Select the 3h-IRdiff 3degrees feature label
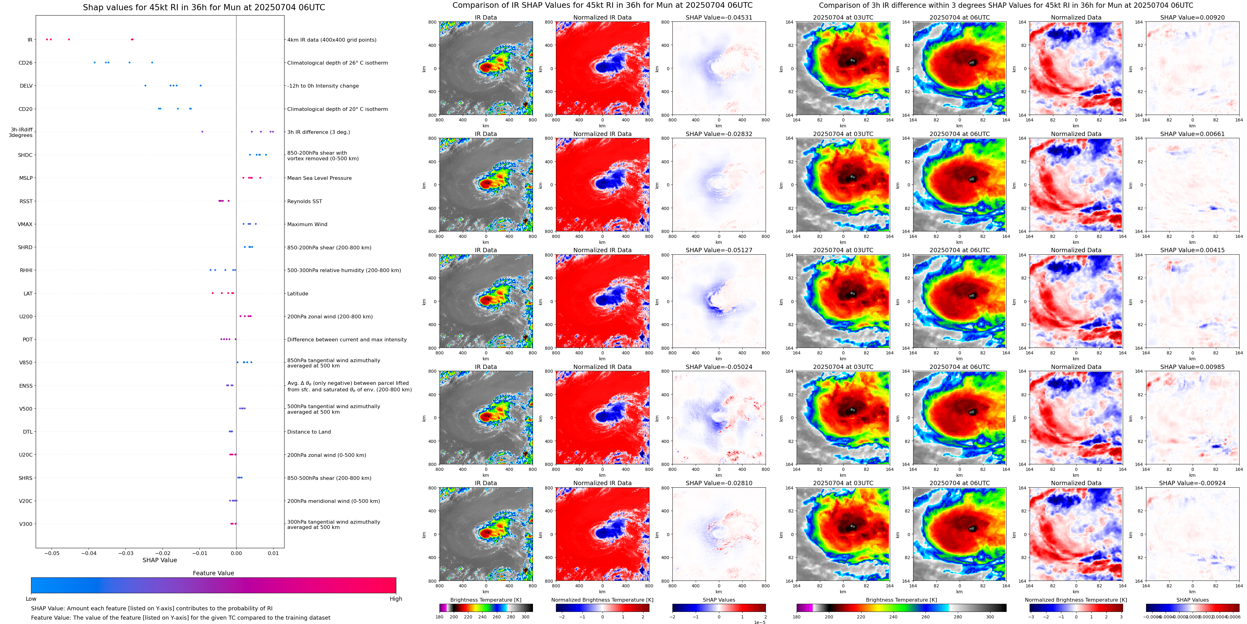[21, 132]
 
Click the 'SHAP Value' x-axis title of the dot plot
[160, 560]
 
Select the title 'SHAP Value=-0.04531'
[719, 17]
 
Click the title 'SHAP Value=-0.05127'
[719, 250]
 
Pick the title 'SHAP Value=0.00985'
[1192, 367]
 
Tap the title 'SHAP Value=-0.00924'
[1192, 483]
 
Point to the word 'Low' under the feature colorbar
[31, 599]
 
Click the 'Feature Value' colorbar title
[213, 573]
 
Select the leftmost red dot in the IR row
[47, 39]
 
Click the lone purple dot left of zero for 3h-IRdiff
[203, 132]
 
